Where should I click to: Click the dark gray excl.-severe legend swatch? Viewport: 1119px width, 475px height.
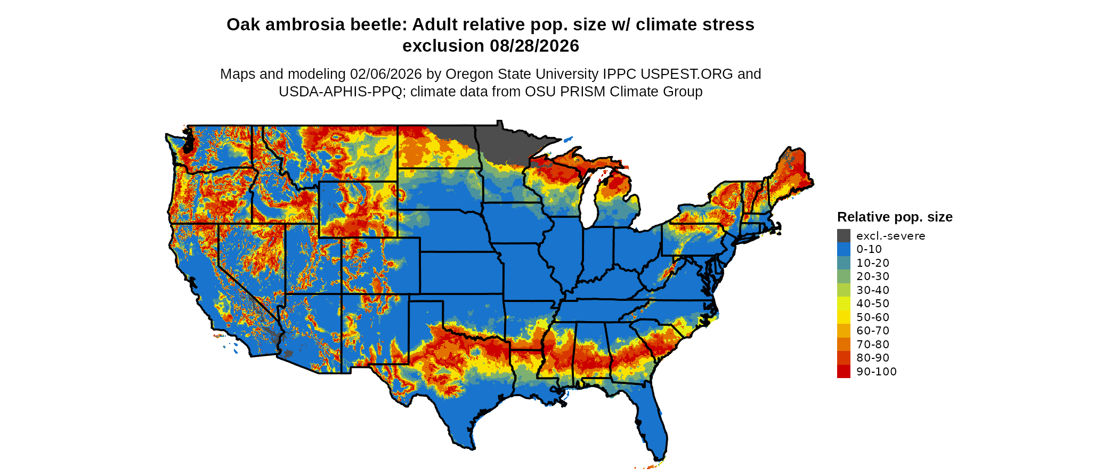(x=844, y=236)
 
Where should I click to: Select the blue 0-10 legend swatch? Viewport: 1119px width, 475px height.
(x=844, y=249)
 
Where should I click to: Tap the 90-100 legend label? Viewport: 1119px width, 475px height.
(x=877, y=372)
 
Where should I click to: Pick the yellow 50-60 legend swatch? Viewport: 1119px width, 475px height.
(x=844, y=317)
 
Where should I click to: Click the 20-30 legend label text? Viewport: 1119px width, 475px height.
(x=873, y=276)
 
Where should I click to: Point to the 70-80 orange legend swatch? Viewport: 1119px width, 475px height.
(x=844, y=345)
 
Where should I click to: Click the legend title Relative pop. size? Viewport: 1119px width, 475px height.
(x=895, y=217)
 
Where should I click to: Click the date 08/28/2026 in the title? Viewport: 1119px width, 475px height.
(x=534, y=46)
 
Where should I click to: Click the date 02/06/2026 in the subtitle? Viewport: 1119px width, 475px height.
(x=385, y=74)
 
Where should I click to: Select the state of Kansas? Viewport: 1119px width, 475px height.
(x=461, y=272)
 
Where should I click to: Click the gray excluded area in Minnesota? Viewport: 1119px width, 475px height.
(x=506, y=144)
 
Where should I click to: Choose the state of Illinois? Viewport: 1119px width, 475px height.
(x=565, y=250)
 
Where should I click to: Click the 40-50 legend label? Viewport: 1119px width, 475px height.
(x=873, y=304)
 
